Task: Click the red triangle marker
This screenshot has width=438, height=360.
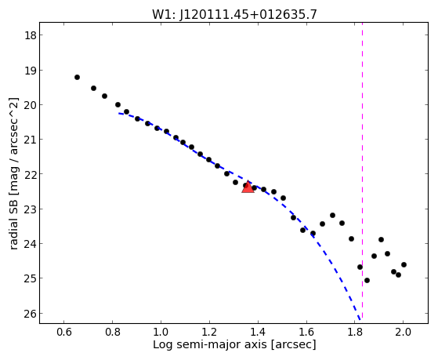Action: (248, 187)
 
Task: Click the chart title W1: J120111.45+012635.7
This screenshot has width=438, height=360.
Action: (234, 14)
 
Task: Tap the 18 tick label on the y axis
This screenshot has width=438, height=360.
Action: (30, 35)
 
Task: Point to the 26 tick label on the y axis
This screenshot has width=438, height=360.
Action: (30, 314)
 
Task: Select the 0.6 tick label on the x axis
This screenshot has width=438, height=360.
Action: (64, 332)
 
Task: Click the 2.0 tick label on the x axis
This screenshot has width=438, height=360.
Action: (404, 332)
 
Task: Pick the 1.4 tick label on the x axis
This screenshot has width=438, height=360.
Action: (258, 332)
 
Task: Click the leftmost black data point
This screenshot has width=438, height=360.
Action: (77, 77)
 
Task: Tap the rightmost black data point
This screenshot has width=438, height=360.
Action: (404, 264)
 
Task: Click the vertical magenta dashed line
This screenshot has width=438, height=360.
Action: (362, 171)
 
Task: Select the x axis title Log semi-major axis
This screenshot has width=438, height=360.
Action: (209, 344)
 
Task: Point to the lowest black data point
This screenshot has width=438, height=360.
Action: (367, 280)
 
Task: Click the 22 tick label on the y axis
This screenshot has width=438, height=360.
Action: (30, 174)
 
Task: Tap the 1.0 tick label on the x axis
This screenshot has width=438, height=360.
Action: (161, 332)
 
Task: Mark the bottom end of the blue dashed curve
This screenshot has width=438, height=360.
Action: (360, 319)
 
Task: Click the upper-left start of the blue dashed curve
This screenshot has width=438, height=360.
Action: (119, 113)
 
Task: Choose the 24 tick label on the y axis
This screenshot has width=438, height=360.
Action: (30, 244)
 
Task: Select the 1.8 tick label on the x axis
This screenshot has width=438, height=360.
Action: (355, 332)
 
